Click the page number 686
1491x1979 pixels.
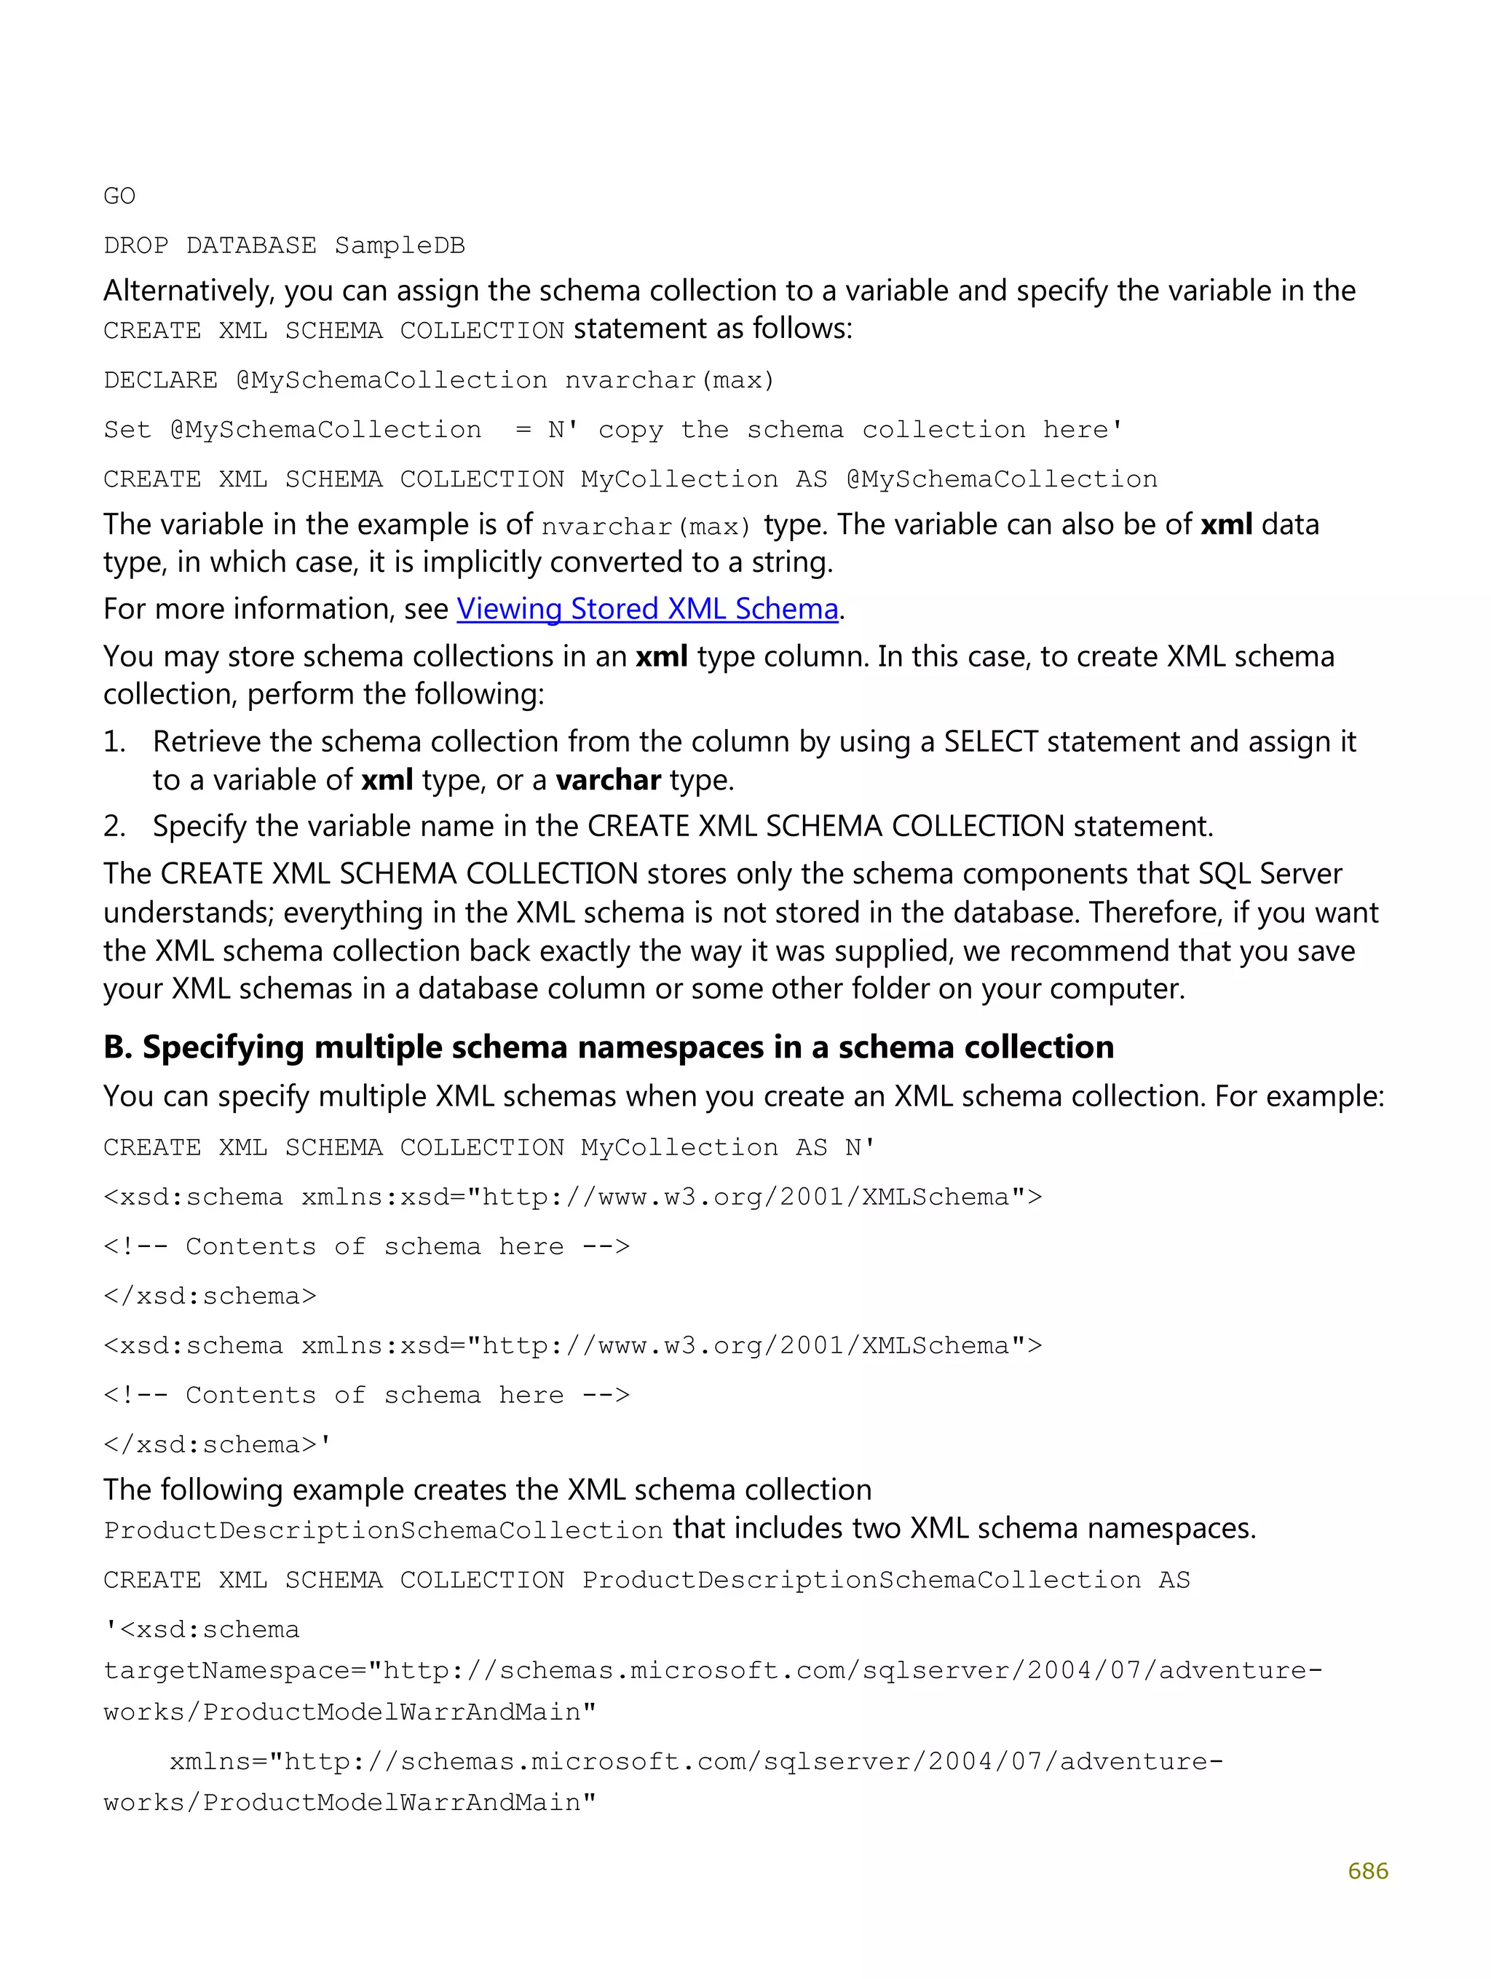(1367, 1870)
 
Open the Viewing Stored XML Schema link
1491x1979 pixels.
(646, 609)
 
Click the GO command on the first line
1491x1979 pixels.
(119, 196)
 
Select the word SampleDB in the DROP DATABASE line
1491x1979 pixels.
(400, 246)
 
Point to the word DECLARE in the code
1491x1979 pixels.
(160, 380)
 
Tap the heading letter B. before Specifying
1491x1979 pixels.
(117, 1047)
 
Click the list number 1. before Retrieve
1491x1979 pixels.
(114, 741)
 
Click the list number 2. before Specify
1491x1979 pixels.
(114, 826)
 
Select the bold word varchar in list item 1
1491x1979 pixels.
(607, 780)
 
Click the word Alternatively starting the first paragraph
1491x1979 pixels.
(189, 291)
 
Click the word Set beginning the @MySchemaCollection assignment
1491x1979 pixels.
(127, 430)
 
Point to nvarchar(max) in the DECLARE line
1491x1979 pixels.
(669, 380)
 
